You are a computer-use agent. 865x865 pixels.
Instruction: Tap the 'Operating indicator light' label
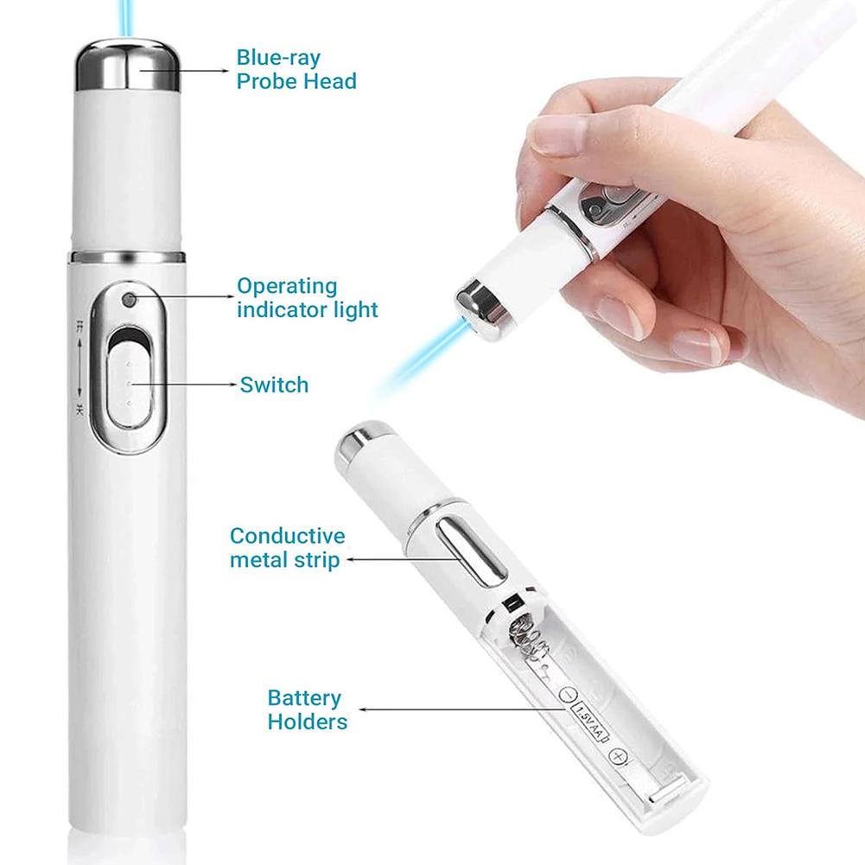tap(308, 297)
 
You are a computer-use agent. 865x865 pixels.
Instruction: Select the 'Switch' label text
tap(274, 384)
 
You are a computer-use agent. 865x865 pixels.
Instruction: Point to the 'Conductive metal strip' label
tap(287, 548)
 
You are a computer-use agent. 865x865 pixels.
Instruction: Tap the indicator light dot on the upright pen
tap(130, 300)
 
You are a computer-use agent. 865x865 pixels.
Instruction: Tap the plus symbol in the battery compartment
tap(617, 757)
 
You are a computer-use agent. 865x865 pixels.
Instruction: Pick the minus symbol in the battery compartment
tap(568, 693)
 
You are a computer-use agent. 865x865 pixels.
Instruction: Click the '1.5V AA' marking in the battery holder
tap(592, 724)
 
